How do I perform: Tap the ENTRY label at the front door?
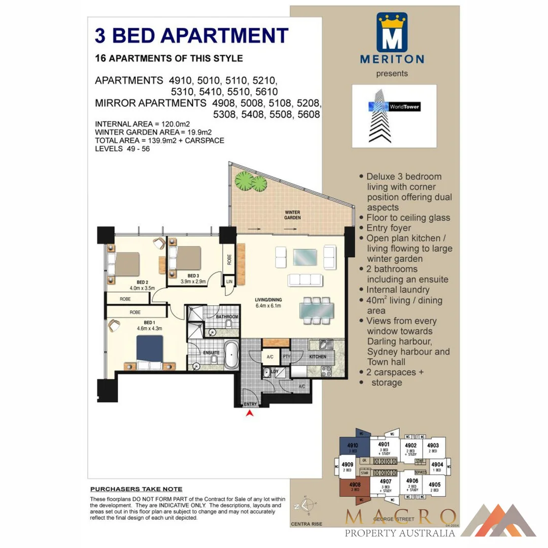(x=250, y=404)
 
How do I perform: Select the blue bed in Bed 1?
(x=150, y=349)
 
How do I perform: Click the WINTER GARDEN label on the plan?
(x=293, y=215)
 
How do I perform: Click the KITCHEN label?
(x=318, y=357)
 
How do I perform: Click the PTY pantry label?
(x=286, y=357)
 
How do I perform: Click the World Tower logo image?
(x=394, y=115)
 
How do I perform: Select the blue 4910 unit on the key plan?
(x=352, y=447)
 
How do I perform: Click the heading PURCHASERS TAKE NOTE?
(x=136, y=489)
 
